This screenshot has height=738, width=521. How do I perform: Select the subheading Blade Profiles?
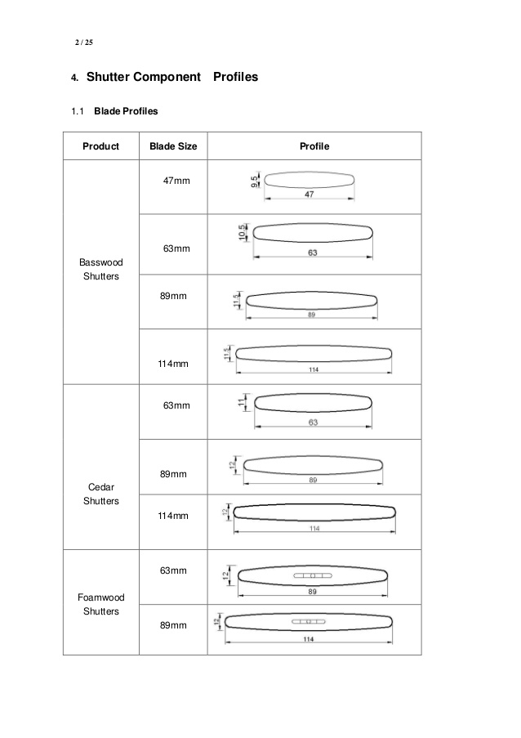click(x=126, y=110)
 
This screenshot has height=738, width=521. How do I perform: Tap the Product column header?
click(x=100, y=146)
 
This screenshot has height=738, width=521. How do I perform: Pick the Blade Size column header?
click(x=174, y=146)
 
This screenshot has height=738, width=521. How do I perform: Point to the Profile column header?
click(x=314, y=146)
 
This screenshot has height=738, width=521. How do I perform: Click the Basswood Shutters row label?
click(x=100, y=270)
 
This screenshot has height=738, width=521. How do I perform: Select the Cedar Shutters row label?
click(x=100, y=494)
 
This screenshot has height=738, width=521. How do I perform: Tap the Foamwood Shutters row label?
click(x=100, y=604)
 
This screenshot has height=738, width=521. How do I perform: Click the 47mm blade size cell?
click(x=176, y=180)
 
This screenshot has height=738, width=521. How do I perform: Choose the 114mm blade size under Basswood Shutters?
click(x=173, y=363)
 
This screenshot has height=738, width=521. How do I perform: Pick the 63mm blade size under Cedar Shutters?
click(x=176, y=405)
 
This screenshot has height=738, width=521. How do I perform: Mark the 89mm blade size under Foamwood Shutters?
click(x=173, y=625)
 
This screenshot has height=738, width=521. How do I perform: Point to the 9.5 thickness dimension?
click(x=255, y=181)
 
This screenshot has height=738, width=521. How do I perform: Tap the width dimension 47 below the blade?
click(x=309, y=195)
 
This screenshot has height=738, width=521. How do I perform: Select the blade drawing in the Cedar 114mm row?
click(x=314, y=511)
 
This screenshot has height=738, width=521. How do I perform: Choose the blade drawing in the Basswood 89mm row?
click(x=313, y=299)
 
